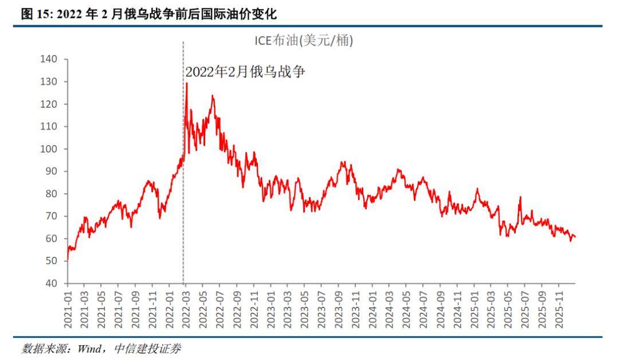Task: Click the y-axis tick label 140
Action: (50, 59)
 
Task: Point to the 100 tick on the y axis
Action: (50, 148)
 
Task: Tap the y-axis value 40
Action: (52, 283)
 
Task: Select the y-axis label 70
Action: (52, 216)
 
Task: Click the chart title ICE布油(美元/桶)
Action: (304, 41)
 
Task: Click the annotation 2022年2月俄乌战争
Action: (246, 72)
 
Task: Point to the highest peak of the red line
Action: (186, 84)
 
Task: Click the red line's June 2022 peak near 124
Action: (213, 96)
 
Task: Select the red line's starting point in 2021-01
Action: (68, 260)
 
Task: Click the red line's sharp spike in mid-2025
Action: (520, 197)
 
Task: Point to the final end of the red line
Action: (575, 237)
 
